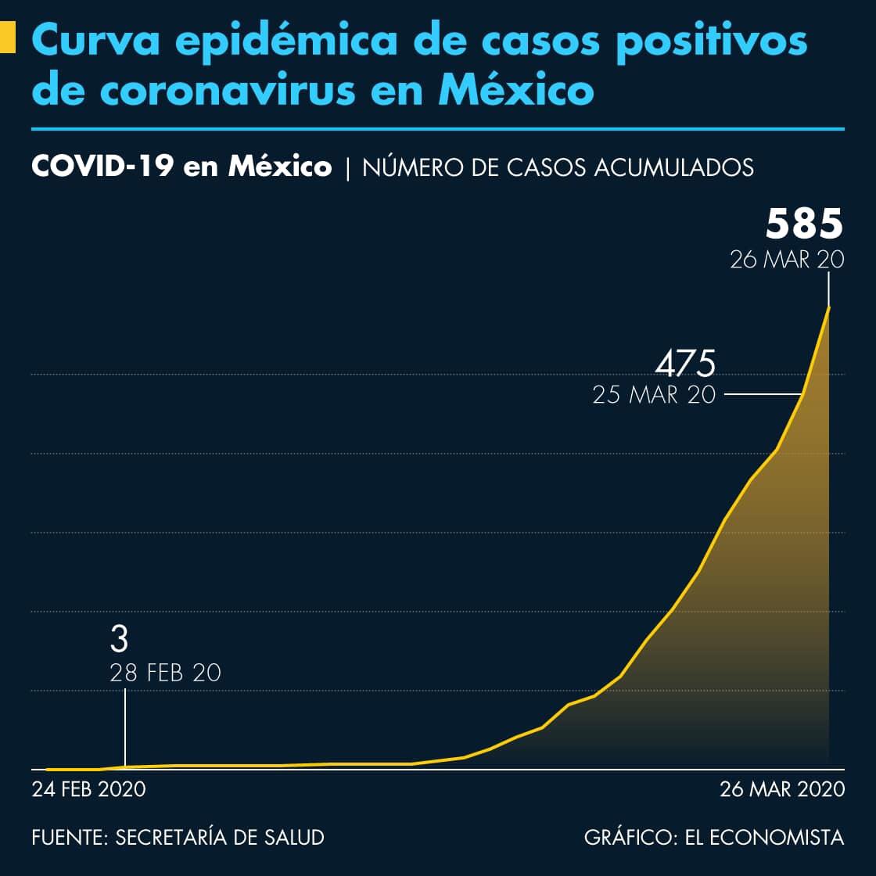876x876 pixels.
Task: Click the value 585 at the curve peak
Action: coord(804,224)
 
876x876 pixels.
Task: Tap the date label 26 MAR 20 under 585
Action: coord(787,260)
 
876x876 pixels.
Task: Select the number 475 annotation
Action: coord(685,364)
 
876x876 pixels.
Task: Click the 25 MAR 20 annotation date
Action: coord(654,394)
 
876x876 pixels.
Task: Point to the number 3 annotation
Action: coord(119,640)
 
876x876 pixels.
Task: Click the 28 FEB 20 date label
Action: coord(165,673)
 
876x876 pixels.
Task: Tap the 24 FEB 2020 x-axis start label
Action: coord(88,789)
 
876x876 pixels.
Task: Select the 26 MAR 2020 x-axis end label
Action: coord(782,789)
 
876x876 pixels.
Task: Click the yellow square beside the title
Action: coord(8,38)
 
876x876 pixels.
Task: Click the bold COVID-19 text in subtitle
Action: coord(102,167)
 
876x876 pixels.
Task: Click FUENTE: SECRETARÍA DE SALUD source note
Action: coord(178,837)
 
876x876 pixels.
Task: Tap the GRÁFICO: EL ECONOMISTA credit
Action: coord(714,837)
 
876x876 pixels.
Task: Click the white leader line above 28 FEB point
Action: coord(125,727)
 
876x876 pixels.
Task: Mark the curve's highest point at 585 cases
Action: coord(828,307)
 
